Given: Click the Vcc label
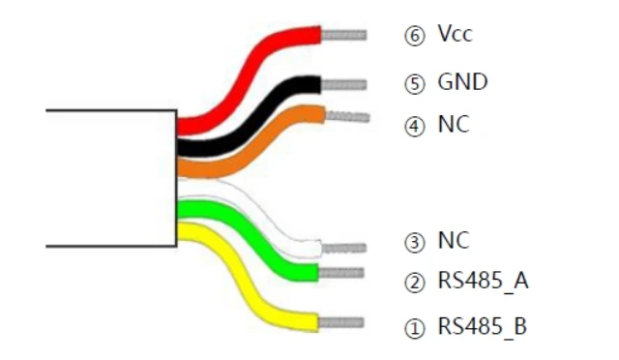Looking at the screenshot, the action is click(455, 33).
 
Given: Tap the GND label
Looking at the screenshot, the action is click(462, 82).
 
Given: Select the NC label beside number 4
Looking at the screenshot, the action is click(454, 124).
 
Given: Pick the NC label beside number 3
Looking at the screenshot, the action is click(454, 240).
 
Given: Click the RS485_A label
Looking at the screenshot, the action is click(484, 281).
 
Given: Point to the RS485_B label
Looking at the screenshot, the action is click(483, 326).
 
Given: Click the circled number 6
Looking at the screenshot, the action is click(415, 36).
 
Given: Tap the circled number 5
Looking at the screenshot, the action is click(415, 84).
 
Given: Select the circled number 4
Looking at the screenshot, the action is click(415, 127).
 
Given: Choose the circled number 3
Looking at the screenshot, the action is click(415, 242).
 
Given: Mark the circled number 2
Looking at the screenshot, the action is click(415, 283).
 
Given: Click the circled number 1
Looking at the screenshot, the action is click(415, 328).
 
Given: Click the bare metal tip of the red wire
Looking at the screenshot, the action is click(344, 35).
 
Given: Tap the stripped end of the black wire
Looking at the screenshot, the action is click(344, 85).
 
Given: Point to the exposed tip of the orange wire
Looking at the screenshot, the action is click(347, 116).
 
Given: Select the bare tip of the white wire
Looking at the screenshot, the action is click(344, 248).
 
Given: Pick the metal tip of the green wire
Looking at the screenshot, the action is click(341, 273).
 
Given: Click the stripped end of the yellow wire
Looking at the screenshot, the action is click(341, 322).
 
